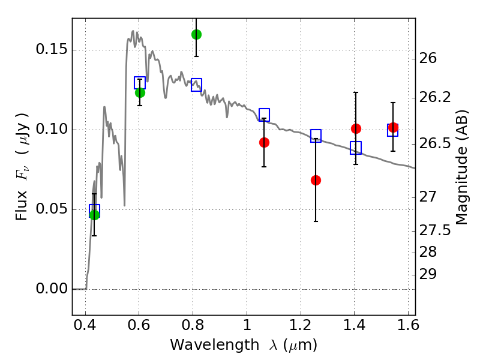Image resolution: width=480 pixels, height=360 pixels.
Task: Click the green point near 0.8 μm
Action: (196, 34)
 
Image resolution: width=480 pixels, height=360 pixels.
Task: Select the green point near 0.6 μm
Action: (140, 92)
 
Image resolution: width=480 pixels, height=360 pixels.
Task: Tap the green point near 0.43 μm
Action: (94, 215)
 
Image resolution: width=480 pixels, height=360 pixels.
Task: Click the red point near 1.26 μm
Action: (316, 180)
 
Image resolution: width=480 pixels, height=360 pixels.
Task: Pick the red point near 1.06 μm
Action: (264, 142)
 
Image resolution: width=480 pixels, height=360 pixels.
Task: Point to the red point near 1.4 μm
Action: (356, 128)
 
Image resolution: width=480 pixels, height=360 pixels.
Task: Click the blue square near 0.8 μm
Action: (196, 85)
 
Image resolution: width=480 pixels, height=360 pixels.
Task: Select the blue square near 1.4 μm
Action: (356, 148)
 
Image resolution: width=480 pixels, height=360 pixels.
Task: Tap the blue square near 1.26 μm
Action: (316, 136)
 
